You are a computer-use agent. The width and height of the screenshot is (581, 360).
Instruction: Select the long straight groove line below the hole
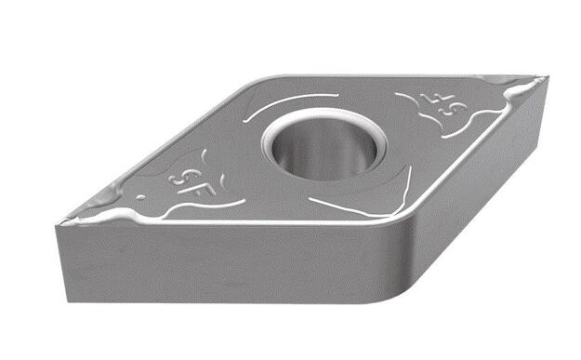tap(349, 207)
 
